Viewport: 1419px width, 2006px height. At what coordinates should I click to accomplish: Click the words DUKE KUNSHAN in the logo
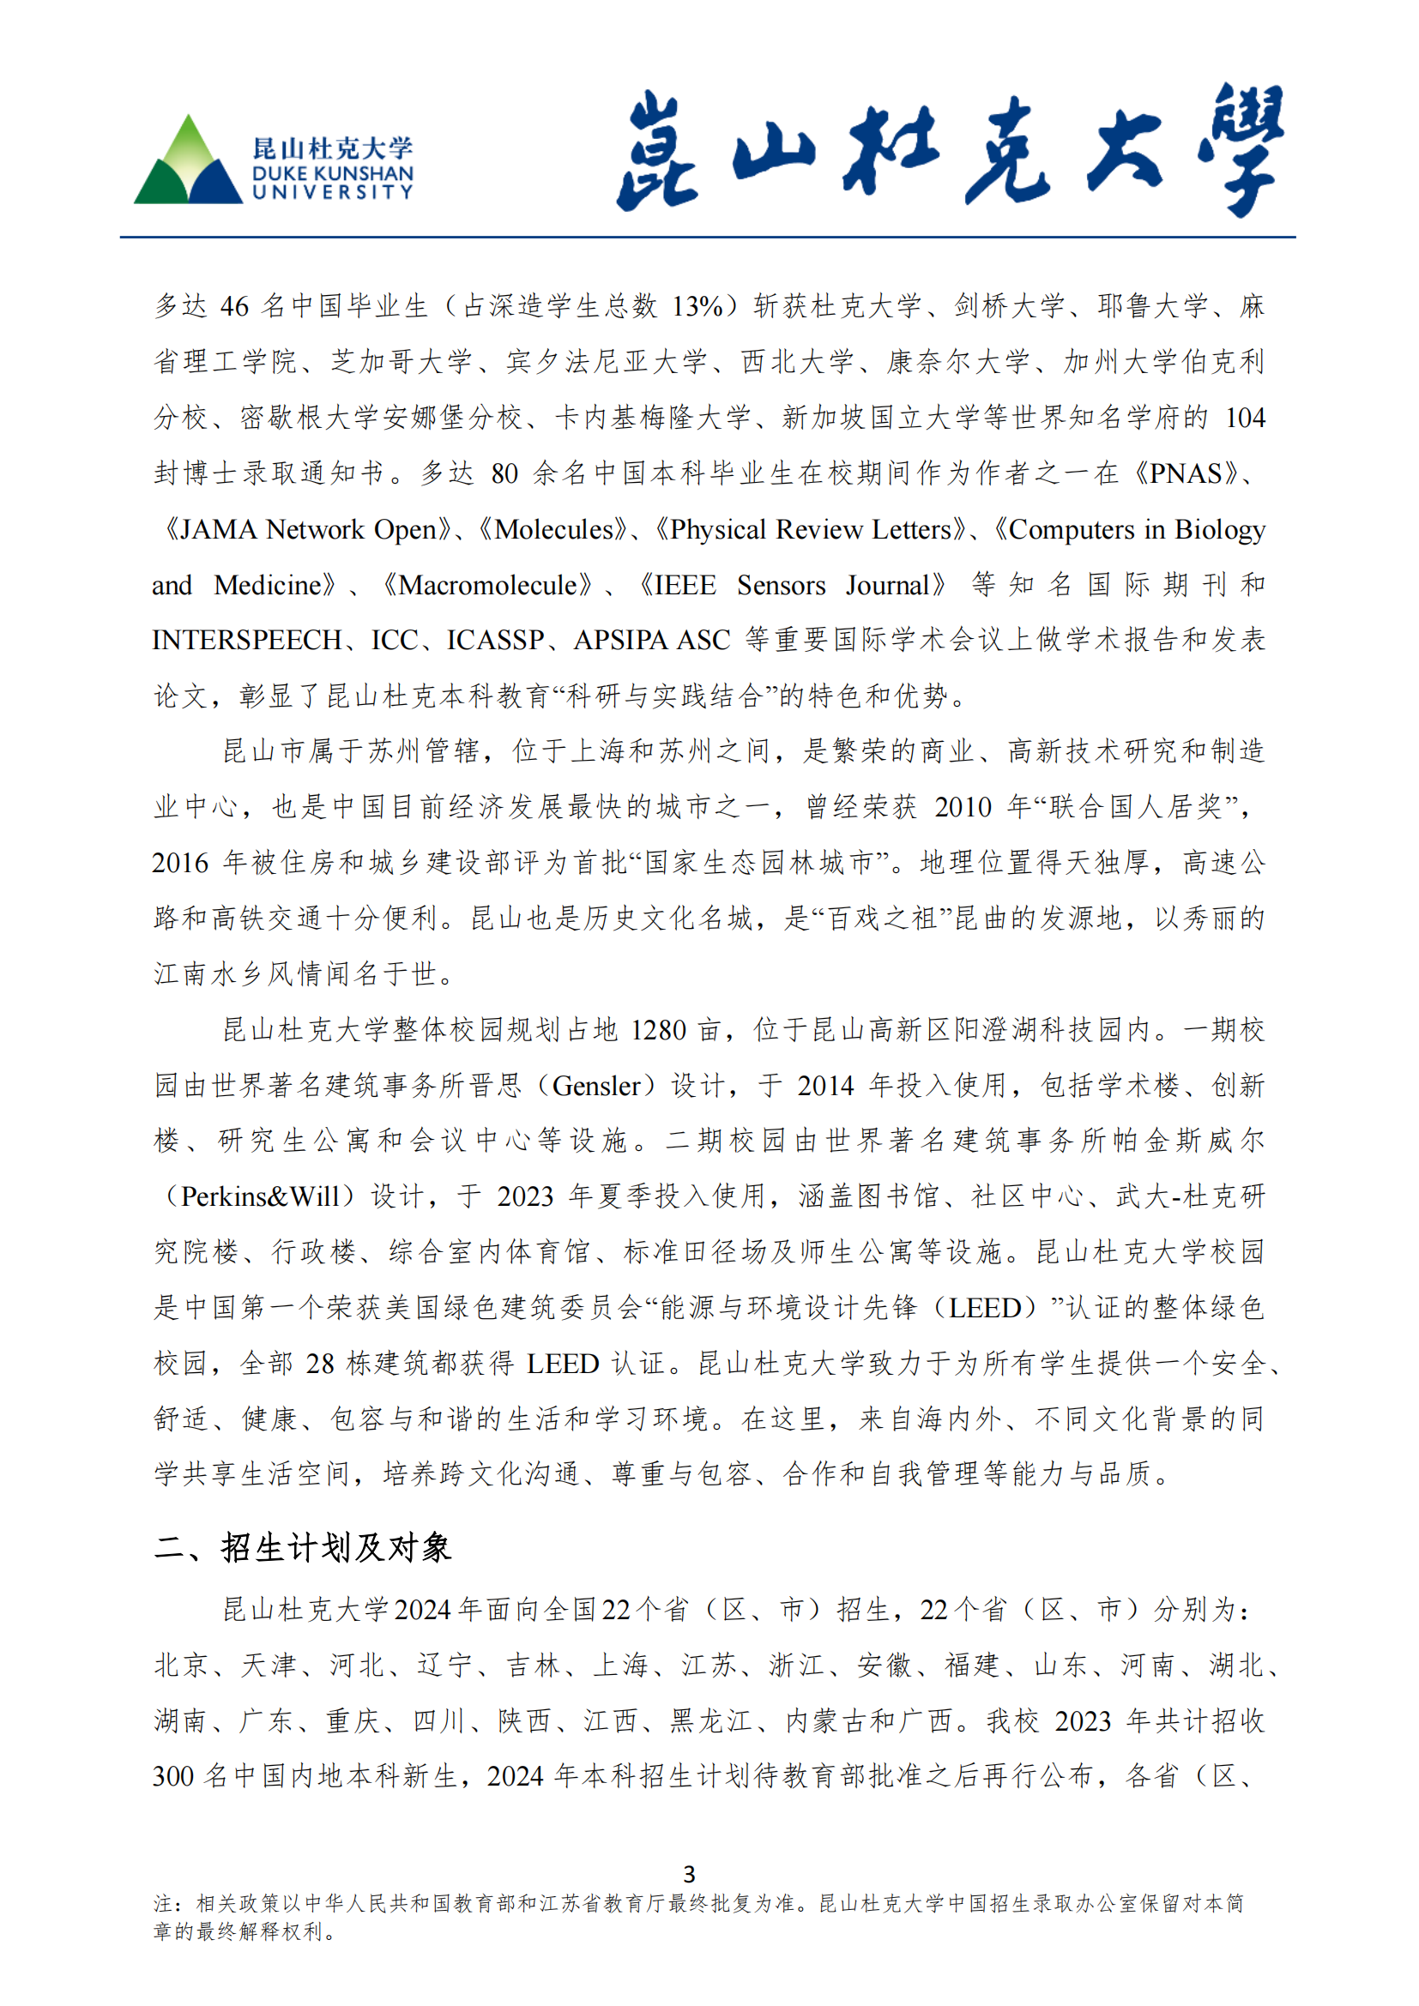point(332,173)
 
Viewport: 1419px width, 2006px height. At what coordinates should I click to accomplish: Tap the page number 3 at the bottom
point(690,1873)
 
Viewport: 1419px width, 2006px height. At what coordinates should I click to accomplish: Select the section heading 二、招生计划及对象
point(302,1547)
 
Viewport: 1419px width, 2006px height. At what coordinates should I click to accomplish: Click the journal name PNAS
point(1185,473)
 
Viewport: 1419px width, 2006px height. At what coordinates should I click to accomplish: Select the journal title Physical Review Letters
point(810,529)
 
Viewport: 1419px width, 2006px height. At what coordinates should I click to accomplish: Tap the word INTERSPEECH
point(246,641)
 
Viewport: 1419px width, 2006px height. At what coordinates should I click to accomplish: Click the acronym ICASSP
point(495,641)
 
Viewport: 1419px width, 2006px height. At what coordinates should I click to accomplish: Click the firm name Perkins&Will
point(258,1196)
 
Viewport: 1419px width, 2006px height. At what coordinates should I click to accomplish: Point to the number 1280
point(658,1030)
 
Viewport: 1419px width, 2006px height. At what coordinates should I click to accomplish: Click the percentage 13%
point(697,307)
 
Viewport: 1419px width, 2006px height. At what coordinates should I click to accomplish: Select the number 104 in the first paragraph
point(1244,419)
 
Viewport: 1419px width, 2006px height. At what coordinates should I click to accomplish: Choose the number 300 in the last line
point(173,1776)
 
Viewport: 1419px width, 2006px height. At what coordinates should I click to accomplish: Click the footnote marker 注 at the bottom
point(163,1903)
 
